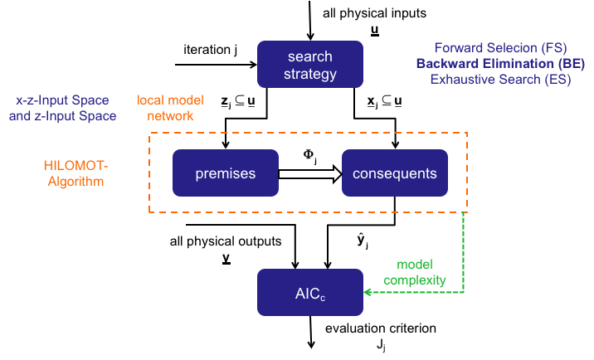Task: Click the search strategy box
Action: click(x=309, y=65)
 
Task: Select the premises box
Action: click(x=225, y=173)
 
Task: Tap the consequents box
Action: click(x=394, y=173)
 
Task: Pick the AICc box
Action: click(x=309, y=292)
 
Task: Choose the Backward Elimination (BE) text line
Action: click(x=500, y=64)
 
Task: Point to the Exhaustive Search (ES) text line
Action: click(x=500, y=80)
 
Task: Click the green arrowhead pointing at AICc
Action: click(x=368, y=292)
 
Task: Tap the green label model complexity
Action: click(x=415, y=273)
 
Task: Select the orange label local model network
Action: click(x=170, y=108)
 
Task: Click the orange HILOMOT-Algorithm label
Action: click(x=74, y=173)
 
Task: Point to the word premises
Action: click(x=225, y=173)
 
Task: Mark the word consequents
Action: click(x=394, y=173)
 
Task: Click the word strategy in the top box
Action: click(x=309, y=74)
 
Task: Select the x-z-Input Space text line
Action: click(x=62, y=100)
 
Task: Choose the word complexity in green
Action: click(x=415, y=280)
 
